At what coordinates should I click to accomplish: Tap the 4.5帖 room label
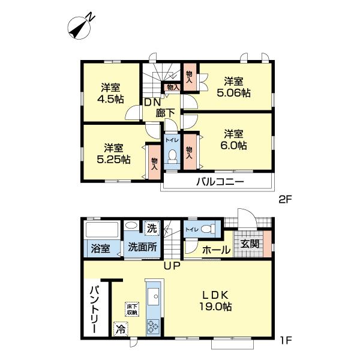[110, 94]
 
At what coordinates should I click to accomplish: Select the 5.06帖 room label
[233, 87]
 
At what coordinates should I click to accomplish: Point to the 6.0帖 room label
[233, 140]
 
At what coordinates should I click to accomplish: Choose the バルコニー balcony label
[220, 182]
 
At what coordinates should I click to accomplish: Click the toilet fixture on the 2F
[172, 155]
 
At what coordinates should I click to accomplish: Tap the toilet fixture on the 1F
[208, 229]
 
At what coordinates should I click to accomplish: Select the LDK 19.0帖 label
[215, 301]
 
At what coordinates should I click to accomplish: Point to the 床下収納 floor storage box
[132, 309]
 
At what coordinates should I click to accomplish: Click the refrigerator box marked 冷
[121, 329]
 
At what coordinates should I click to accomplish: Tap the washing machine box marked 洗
[152, 228]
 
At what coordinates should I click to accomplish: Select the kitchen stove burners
[152, 327]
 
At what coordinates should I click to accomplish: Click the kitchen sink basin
[152, 296]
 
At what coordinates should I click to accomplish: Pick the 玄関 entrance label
[250, 244]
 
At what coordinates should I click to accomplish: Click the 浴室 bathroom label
[100, 248]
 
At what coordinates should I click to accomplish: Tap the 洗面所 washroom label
[142, 247]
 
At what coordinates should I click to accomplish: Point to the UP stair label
[172, 266]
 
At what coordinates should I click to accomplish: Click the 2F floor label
[285, 200]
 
